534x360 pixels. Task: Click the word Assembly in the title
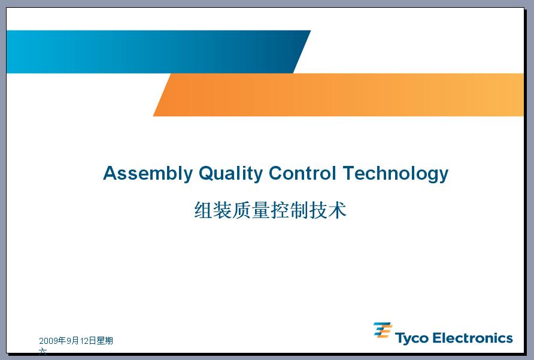148,174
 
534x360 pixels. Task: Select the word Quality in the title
230,174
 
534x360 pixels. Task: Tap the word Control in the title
302,173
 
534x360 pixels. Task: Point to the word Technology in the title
395,174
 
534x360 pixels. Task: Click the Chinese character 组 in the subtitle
204,210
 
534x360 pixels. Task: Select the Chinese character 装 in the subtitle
223,210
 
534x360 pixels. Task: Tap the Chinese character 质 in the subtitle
242,210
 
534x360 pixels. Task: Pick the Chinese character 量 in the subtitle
261,210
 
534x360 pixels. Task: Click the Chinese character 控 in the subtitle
280,210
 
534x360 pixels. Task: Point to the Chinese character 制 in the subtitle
299,210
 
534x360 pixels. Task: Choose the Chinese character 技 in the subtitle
318,210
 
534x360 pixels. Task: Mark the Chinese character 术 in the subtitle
337,210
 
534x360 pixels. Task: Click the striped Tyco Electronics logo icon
383,330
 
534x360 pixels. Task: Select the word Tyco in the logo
411,338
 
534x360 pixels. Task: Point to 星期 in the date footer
105,341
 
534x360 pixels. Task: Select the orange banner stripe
338,95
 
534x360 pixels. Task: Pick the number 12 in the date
84,341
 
